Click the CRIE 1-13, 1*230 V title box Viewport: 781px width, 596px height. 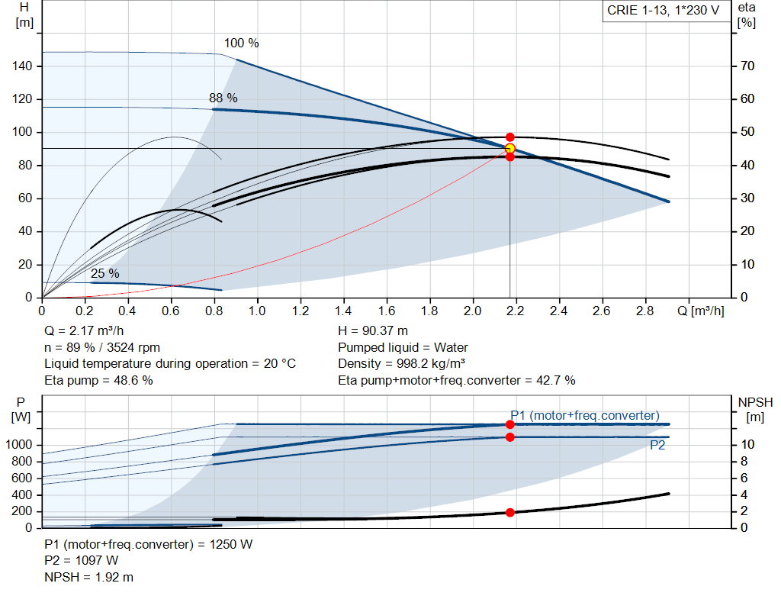click(662, 11)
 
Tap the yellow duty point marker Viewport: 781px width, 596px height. click(510, 148)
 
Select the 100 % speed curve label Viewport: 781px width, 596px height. click(241, 43)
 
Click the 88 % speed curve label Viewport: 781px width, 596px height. click(223, 98)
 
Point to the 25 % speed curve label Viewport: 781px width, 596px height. click(105, 273)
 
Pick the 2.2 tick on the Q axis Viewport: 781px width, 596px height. click(516, 311)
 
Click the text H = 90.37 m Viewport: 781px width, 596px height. click(374, 331)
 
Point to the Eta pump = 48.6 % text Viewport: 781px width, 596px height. click(98, 380)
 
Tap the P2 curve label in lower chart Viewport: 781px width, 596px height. click(657, 446)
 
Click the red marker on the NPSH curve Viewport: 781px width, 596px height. click(510, 512)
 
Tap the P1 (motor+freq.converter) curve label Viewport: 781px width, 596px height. click(584, 415)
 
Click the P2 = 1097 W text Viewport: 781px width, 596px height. click(82, 561)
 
